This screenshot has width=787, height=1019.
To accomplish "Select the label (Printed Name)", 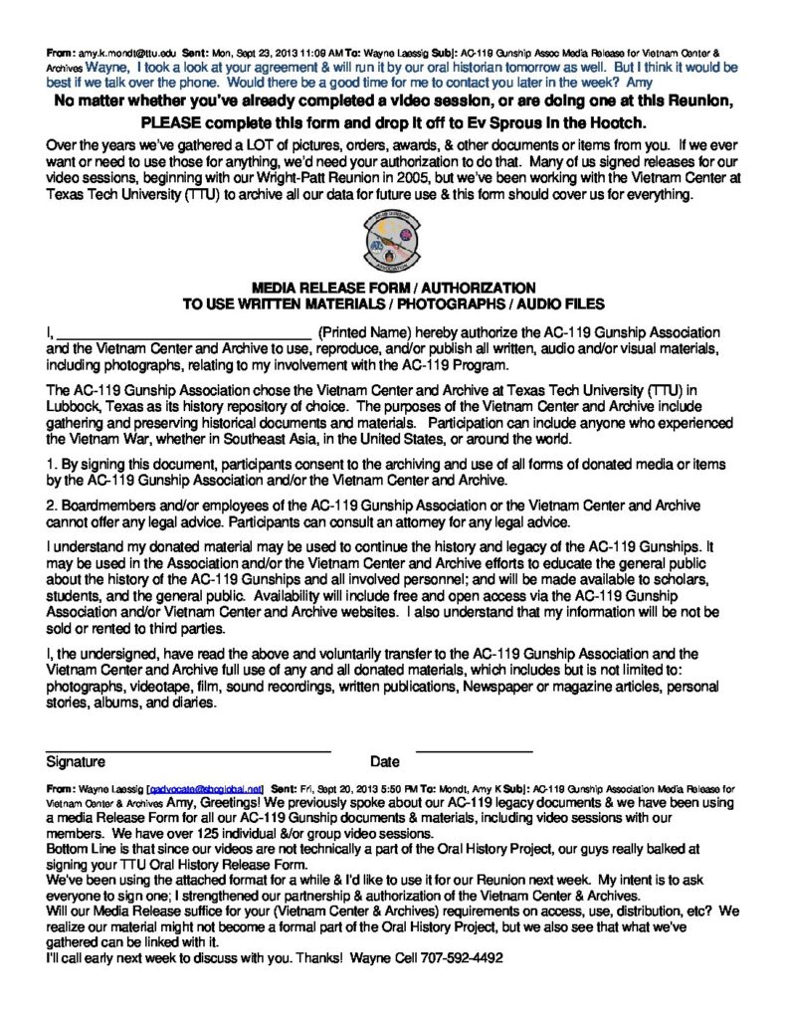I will tap(363, 331).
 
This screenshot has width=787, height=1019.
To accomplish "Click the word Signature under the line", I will tap(76, 762).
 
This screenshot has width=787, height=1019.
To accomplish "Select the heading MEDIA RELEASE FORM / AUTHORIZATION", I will tap(393, 287).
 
